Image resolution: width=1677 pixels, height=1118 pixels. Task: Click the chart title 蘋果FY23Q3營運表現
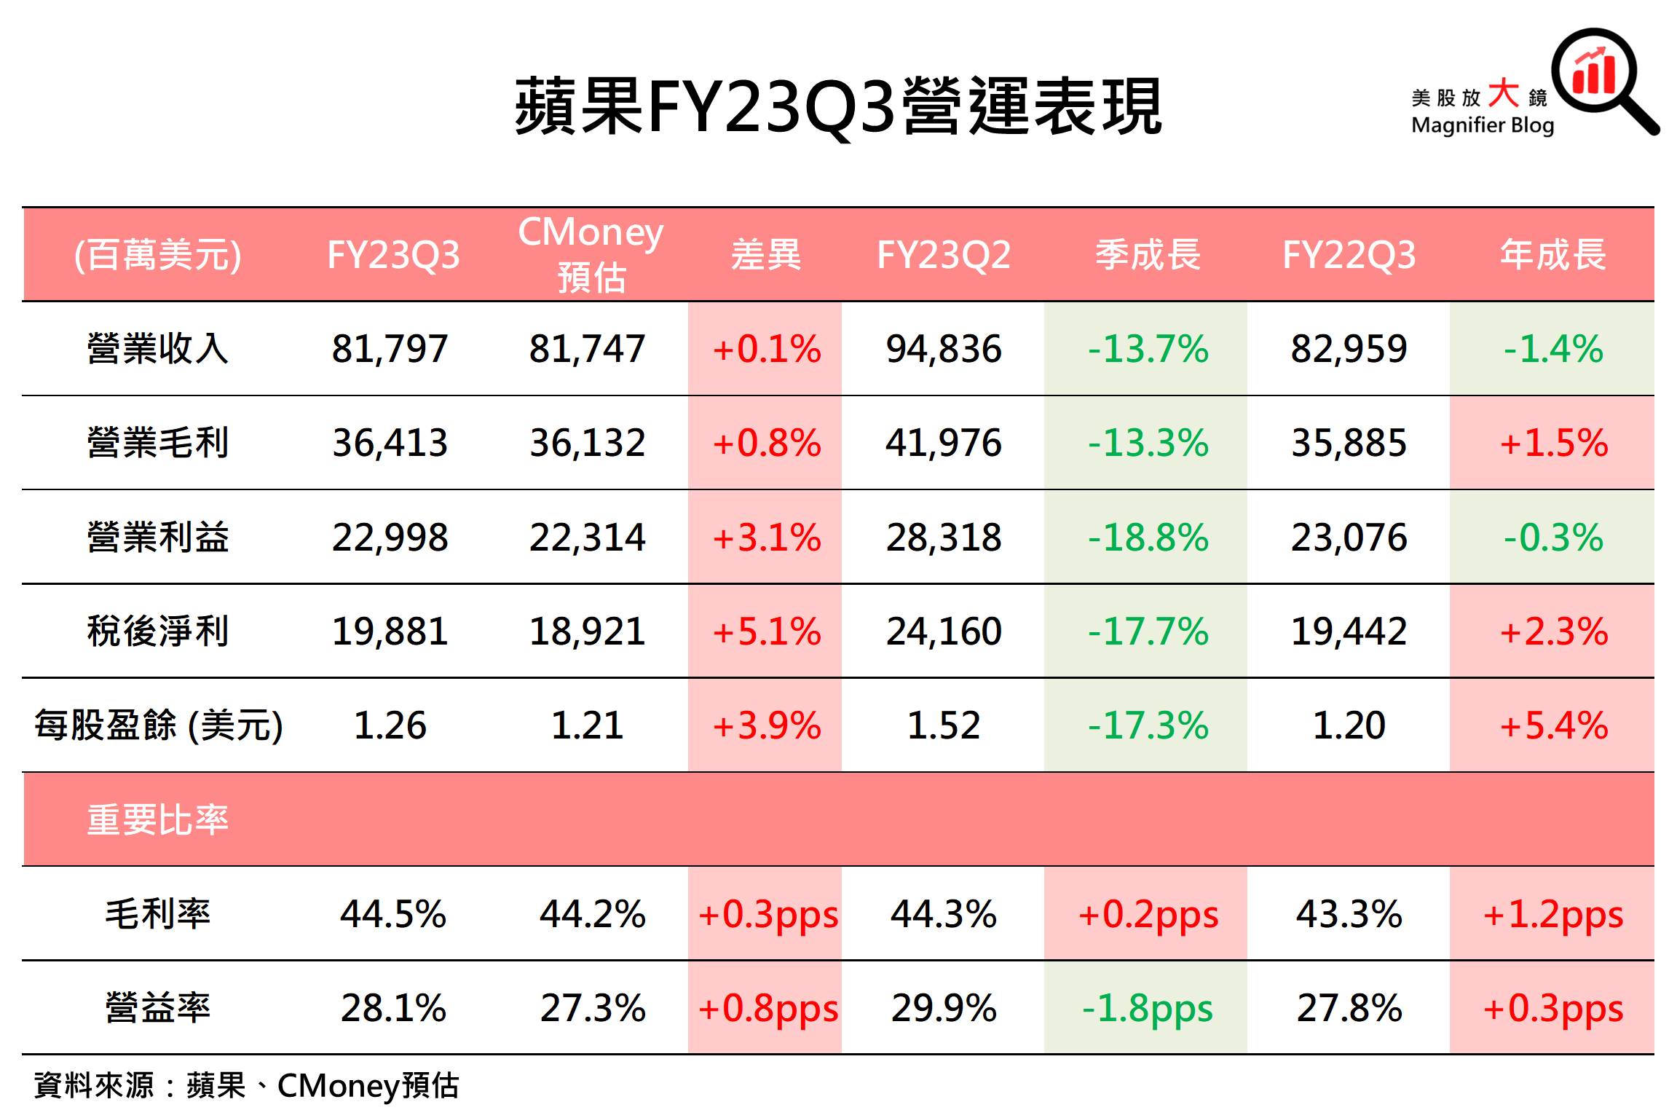(x=837, y=108)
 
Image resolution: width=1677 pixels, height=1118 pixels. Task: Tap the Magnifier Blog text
(x=1482, y=125)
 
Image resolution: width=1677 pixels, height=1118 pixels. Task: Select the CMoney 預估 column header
(x=591, y=254)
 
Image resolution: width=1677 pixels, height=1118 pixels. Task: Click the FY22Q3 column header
(x=1349, y=255)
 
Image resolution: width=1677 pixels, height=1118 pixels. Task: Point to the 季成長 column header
(x=1148, y=255)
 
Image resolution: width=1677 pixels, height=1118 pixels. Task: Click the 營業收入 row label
(x=157, y=348)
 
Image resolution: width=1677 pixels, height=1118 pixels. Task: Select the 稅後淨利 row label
(x=157, y=631)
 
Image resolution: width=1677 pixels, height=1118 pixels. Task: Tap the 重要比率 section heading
(x=157, y=819)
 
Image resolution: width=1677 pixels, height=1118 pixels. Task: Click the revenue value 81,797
(x=390, y=348)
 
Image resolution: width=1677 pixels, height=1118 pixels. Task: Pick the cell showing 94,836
(x=943, y=348)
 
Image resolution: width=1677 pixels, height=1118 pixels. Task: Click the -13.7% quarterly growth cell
(x=1148, y=348)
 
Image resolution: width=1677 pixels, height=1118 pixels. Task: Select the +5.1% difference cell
(x=766, y=631)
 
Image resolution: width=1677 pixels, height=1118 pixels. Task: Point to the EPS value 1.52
(x=943, y=725)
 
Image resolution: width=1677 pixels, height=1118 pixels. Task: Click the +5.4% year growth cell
(x=1553, y=725)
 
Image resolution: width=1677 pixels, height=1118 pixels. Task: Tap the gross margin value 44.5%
(x=392, y=914)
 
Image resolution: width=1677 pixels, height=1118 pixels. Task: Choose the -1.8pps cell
(x=1148, y=1008)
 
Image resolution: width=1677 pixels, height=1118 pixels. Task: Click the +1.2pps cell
(x=1553, y=914)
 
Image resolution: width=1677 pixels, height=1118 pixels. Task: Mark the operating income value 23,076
(x=1349, y=538)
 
